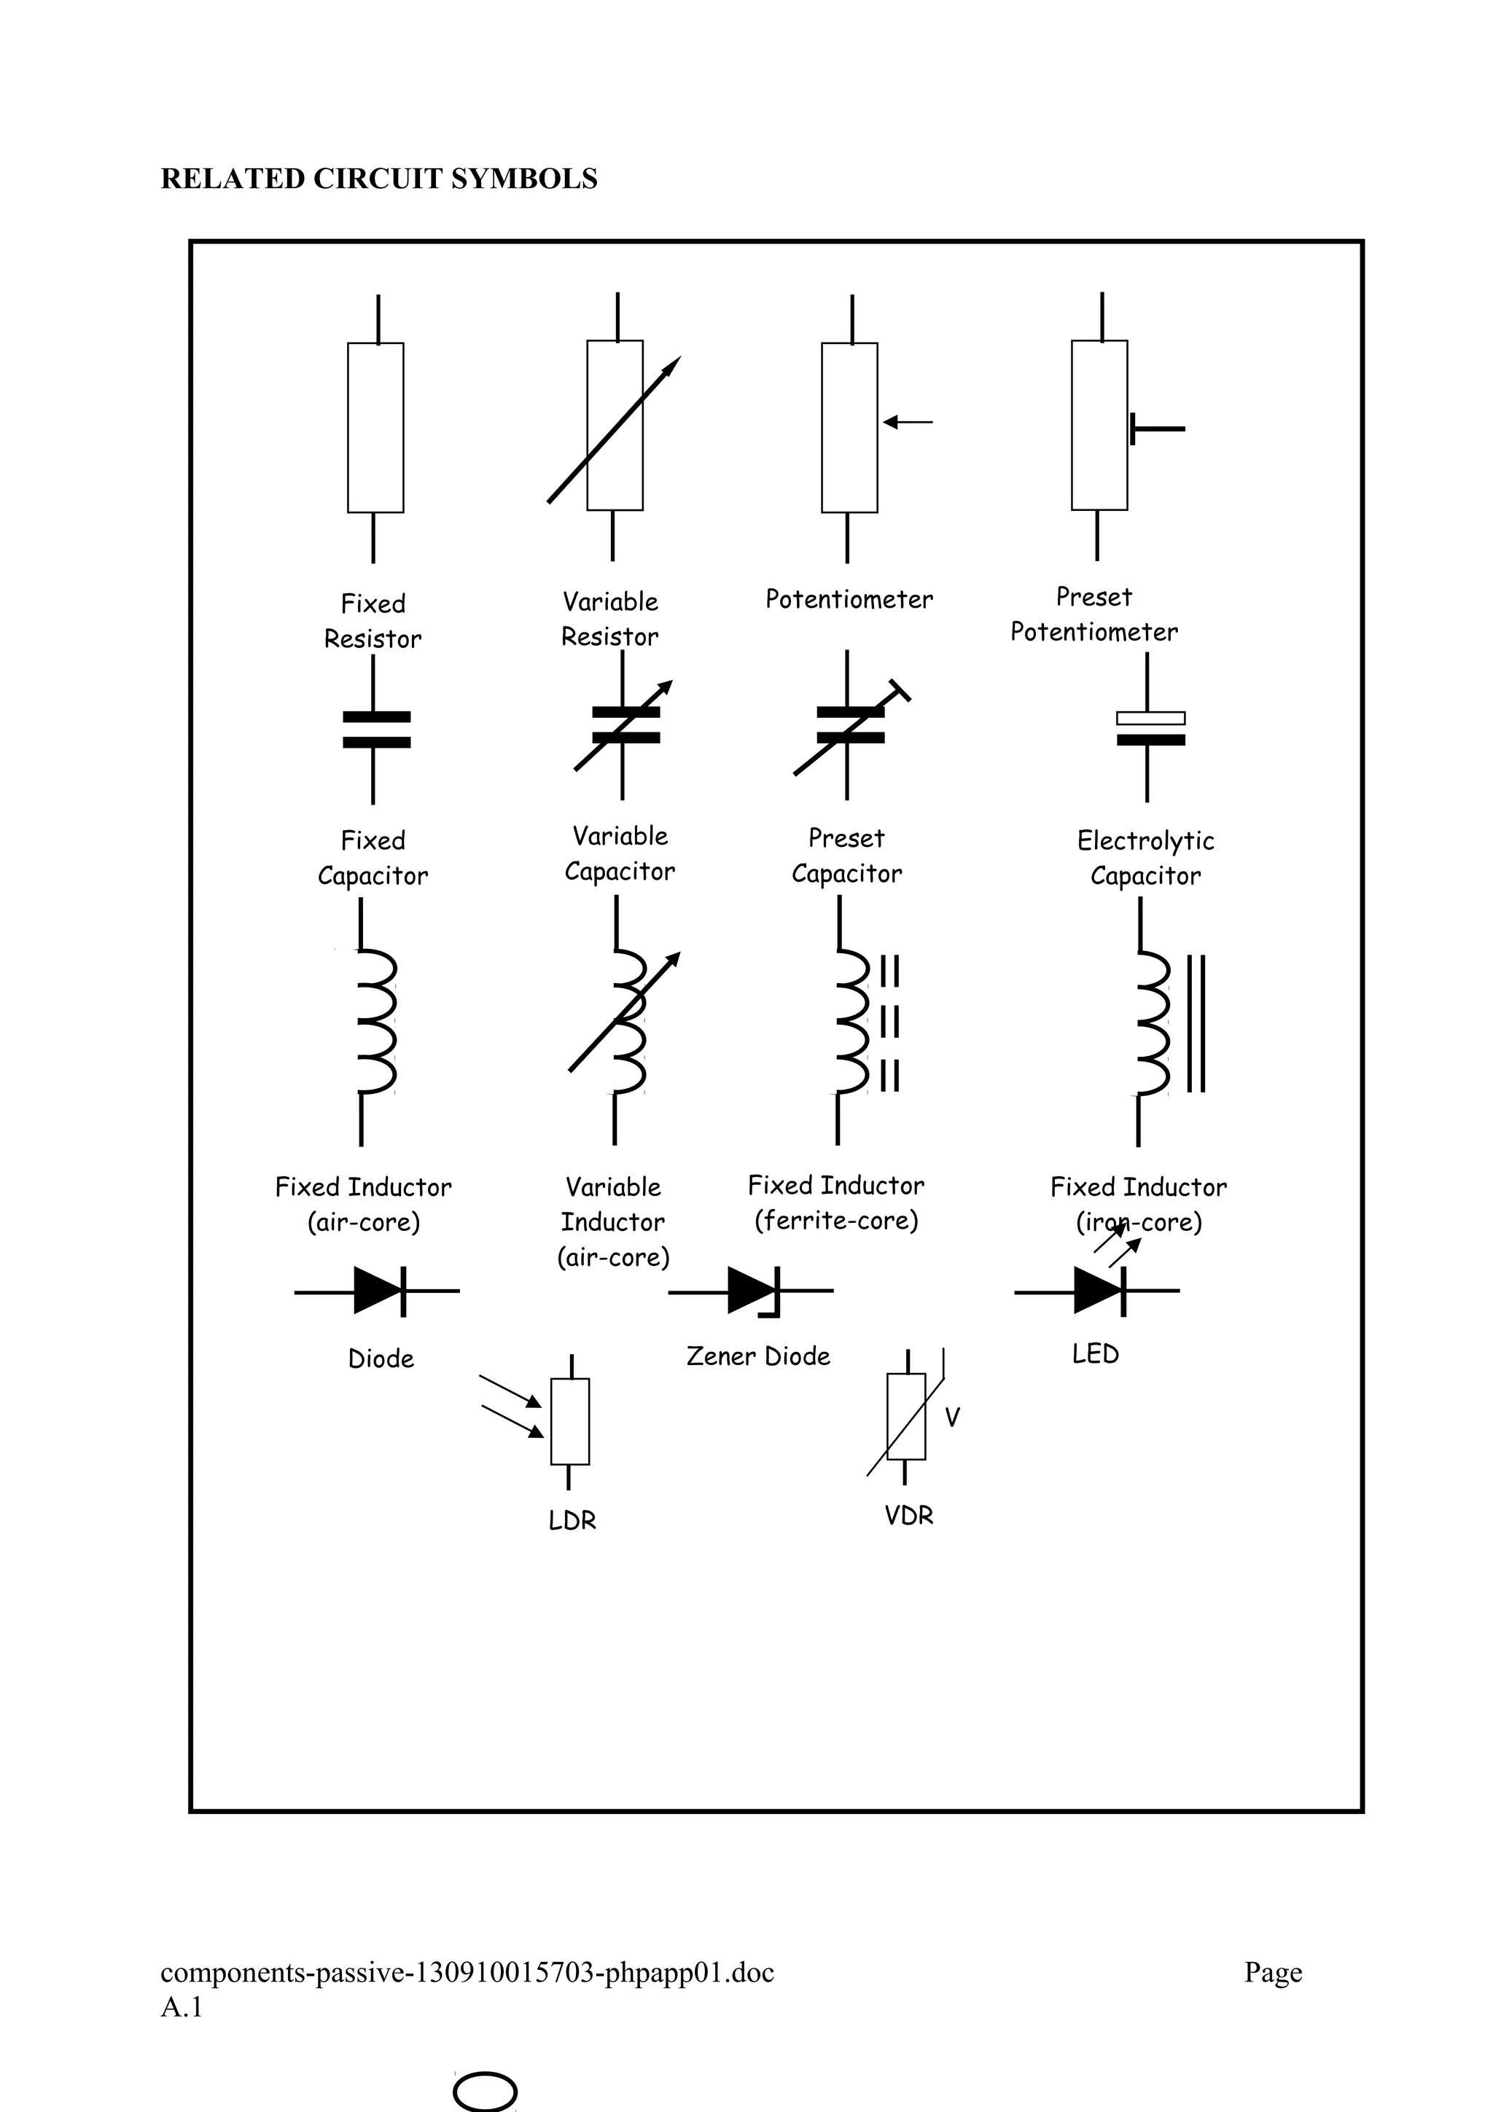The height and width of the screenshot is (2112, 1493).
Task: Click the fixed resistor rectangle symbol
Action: pos(375,427)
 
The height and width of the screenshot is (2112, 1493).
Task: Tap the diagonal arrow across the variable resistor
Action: pos(614,429)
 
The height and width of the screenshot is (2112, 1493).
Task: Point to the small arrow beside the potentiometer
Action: pos(907,422)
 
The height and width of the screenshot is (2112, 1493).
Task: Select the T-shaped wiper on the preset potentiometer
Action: pos(1155,429)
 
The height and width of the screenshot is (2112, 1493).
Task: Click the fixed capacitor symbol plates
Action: pos(376,729)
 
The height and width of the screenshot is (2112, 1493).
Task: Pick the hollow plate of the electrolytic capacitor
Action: pos(1150,719)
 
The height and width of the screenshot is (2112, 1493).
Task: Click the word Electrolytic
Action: pos(1145,841)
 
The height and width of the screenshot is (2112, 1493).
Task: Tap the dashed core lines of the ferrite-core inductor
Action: pos(889,1023)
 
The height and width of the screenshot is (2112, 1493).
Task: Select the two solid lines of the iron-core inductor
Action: pos(1196,1023)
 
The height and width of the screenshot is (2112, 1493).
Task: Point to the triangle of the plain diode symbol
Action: pos(377,1291)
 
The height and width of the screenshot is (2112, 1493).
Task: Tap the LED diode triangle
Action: pos(1097,1291)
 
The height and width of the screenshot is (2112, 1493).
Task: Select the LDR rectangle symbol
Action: pos(569,1421)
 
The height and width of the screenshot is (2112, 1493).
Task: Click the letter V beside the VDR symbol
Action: pos(952,1417)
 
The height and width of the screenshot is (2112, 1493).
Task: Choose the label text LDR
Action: pos(572,1520)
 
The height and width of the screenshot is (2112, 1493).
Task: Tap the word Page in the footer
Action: pos(1273,1972)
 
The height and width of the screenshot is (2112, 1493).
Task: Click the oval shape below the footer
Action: pos(485,2091)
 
